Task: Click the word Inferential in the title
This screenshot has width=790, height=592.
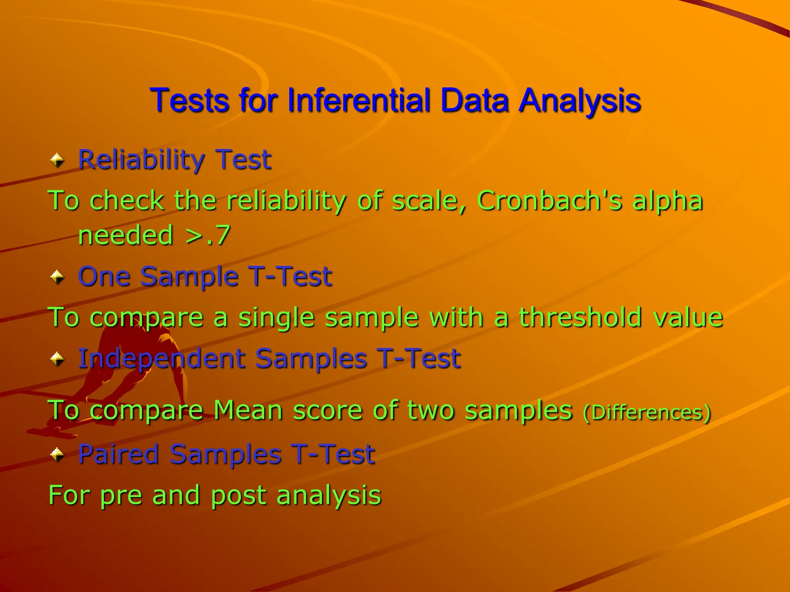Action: (359, 101)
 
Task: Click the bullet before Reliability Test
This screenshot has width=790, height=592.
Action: (57, 160)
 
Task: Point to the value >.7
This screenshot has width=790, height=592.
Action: (208, 235)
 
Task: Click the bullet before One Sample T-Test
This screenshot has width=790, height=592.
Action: (57, 277)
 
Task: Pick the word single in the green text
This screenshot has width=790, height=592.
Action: (276, 318)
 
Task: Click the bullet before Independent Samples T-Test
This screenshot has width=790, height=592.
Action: (57, 359)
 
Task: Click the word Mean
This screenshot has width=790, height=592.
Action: (248, 410)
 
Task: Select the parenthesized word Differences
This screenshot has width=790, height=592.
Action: (647, 412)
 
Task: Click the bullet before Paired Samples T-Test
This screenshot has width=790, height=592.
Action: (57, 454)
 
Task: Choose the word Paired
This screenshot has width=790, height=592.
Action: (118, 454)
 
